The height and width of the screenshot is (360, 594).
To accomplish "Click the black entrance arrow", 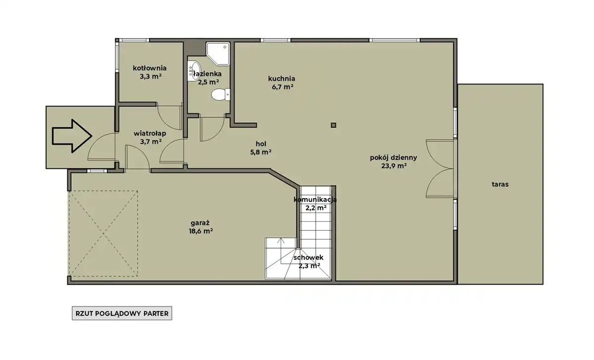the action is pos(72,136).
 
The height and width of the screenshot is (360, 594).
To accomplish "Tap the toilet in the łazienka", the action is pos(221,95).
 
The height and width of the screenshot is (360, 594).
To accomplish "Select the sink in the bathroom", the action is pos(194,71).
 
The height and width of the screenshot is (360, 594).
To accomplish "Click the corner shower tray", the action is pos(218,53).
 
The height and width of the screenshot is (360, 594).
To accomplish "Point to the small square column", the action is pos(334,125).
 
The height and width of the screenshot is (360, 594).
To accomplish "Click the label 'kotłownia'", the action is pos(149,68).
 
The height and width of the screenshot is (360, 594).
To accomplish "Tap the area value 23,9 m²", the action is pos(394,166).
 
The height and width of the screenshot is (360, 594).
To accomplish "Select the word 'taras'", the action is pos(500,184).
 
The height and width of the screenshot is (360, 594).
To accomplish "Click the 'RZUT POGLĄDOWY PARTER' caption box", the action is pos(122,313).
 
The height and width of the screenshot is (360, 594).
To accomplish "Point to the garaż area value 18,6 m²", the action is pos(201,231).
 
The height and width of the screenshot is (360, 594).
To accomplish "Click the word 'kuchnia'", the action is pos(282,79).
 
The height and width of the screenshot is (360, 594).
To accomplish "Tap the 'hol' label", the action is pos(261,144).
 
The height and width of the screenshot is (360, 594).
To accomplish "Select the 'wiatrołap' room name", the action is pos(150,133).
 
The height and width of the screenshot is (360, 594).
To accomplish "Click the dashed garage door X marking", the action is pos(103,234).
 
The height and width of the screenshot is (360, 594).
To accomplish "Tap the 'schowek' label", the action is pos(308,257).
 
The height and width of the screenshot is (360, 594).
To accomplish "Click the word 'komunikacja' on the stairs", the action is pos(315,200).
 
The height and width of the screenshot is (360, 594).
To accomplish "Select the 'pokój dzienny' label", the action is pos(394,157).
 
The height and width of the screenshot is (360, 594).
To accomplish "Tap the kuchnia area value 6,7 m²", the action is pos(283,87).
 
